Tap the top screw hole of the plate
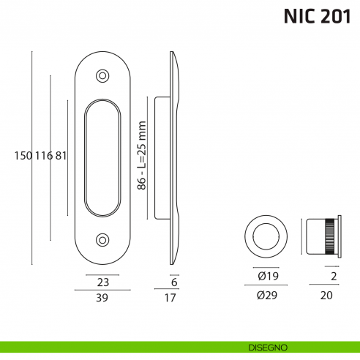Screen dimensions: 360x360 tap(102, 75)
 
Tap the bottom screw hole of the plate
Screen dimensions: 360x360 tap(102, 239)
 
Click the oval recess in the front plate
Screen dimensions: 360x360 tap(102, 157)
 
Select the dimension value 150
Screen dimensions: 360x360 tap(23, 155)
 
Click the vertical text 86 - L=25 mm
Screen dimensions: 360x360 tap(143, 156)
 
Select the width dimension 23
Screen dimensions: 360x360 tap(102, 282)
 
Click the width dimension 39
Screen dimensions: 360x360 tap(102, 297)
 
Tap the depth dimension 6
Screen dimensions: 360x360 tap(174, 282)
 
